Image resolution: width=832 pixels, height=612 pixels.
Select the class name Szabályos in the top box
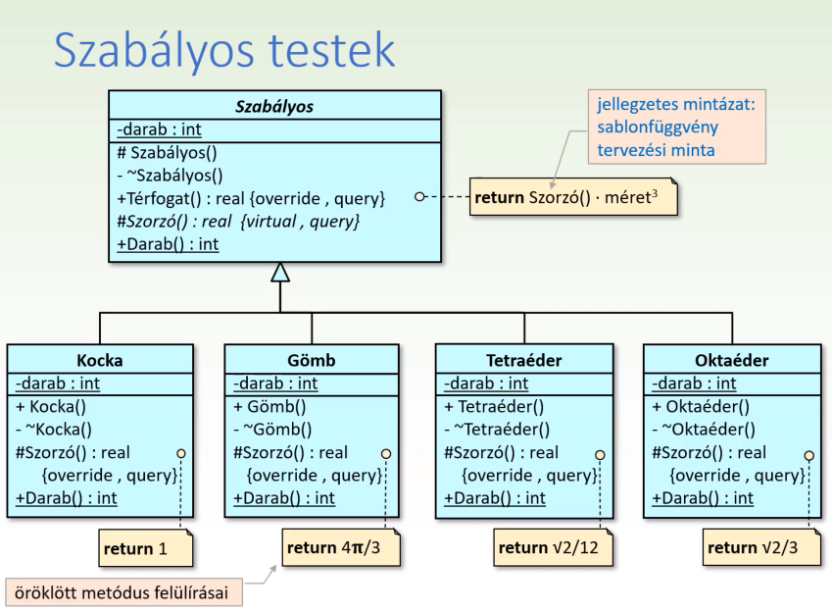point(273,107)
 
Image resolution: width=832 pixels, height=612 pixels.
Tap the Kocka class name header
point(99,360)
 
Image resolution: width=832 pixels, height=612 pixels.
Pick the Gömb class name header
point(311,360)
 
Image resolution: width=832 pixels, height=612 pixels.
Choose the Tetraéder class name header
point(525,360)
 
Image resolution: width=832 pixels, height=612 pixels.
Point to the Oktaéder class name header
point(731,360)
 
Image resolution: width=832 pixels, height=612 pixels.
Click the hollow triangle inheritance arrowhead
point(280,273)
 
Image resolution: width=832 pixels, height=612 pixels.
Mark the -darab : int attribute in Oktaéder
point(694,383)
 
